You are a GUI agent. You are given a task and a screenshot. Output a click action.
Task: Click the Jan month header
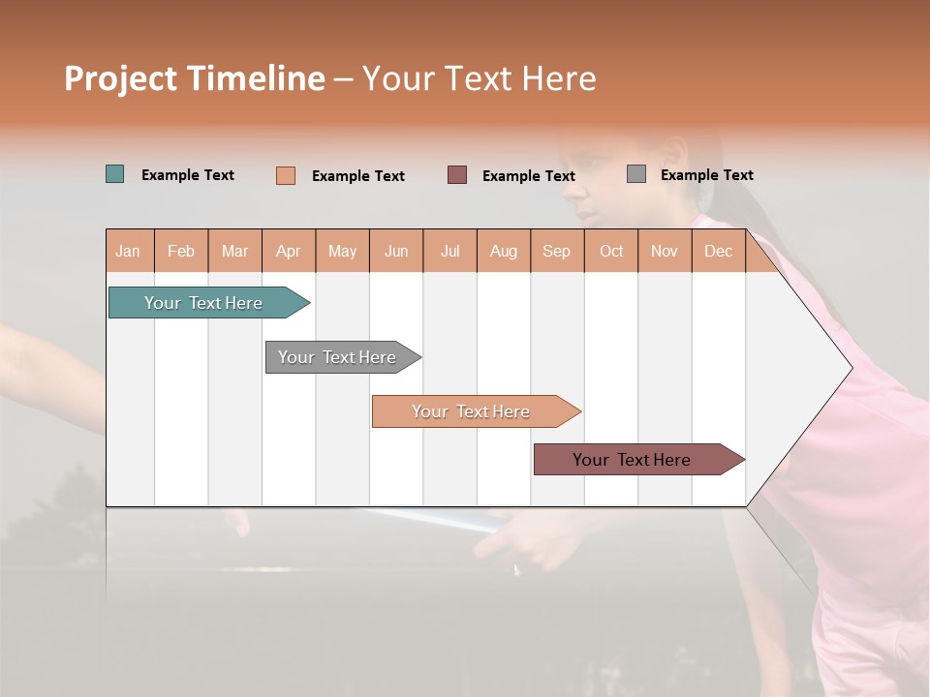(128, 251)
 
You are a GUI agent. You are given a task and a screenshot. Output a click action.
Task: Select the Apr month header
(288, 251)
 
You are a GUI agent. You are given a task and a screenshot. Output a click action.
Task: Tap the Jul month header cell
(449, 251)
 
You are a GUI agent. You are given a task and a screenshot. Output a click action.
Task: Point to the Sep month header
(556, 251)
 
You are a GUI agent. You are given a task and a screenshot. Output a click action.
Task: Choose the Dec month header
(718, 251)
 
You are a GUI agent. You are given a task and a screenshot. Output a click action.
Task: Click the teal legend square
(115, 174)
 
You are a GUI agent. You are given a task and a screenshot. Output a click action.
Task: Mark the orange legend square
(286, 175)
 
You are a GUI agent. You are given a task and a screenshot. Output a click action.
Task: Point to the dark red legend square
(457, 175)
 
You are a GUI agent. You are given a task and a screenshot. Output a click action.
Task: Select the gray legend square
(636, 174)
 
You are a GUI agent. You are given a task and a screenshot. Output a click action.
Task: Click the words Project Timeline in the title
(195, 78)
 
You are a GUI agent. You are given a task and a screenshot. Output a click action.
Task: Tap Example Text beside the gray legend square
(706, 174)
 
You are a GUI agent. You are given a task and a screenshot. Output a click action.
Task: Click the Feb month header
(181, 251)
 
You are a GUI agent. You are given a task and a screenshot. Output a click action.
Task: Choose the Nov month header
(665, 251)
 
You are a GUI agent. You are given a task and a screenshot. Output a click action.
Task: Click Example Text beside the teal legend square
(188, 174)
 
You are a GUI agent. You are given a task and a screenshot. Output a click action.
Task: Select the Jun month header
(396, 251)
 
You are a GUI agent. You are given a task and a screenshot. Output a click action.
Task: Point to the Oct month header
(611, 251)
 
